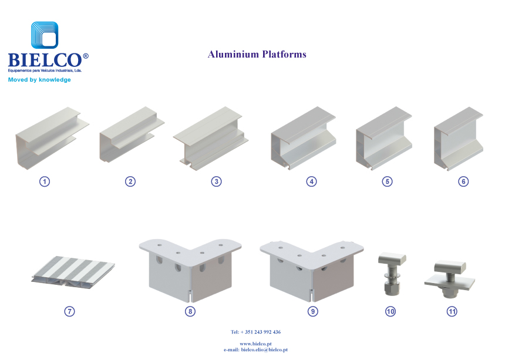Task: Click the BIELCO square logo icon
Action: tap(45, 35)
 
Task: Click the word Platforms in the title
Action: tap(284, 54)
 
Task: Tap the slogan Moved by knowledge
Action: tap(39, 79)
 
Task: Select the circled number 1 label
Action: tap(45, 181)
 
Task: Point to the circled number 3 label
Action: tap(217, 181)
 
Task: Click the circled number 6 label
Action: tap(463, 181)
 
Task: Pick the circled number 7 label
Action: tap(69, 311)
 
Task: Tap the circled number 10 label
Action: tap(390, 311)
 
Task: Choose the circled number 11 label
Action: tap(452, 311)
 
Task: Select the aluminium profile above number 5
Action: tap(384, 139)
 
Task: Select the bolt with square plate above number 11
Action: tap(450, 279)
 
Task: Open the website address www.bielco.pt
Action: tap(255, 344)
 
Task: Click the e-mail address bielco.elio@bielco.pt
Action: tap(264, 349)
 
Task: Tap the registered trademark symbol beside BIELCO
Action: tap(86, 56)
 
